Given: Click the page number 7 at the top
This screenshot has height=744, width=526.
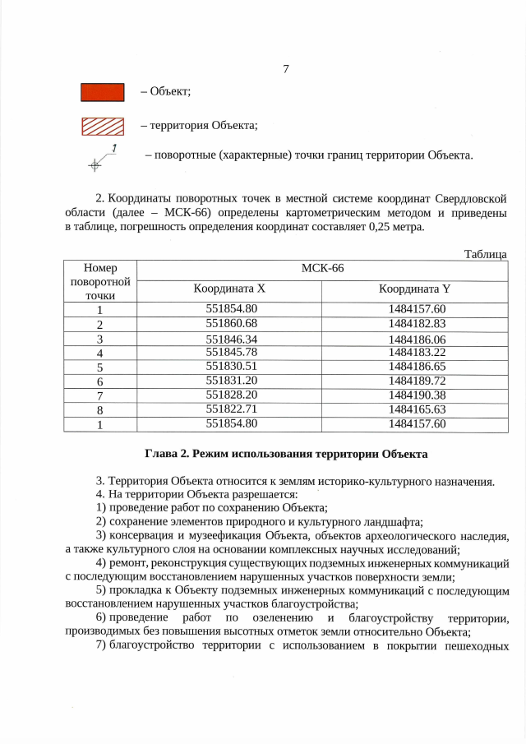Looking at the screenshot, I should click(285, 68).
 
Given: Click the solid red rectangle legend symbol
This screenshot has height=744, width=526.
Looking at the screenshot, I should click(102, 92).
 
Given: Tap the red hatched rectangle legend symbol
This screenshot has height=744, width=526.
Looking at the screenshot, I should click(102, 127).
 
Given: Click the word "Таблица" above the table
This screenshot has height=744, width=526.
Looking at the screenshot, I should click(484, 254).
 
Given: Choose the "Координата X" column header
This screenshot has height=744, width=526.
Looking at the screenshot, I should click(229, 289).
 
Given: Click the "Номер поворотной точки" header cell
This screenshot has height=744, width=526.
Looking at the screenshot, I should click(100, 280).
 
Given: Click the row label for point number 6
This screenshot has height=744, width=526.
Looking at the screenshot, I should click(99, 381).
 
